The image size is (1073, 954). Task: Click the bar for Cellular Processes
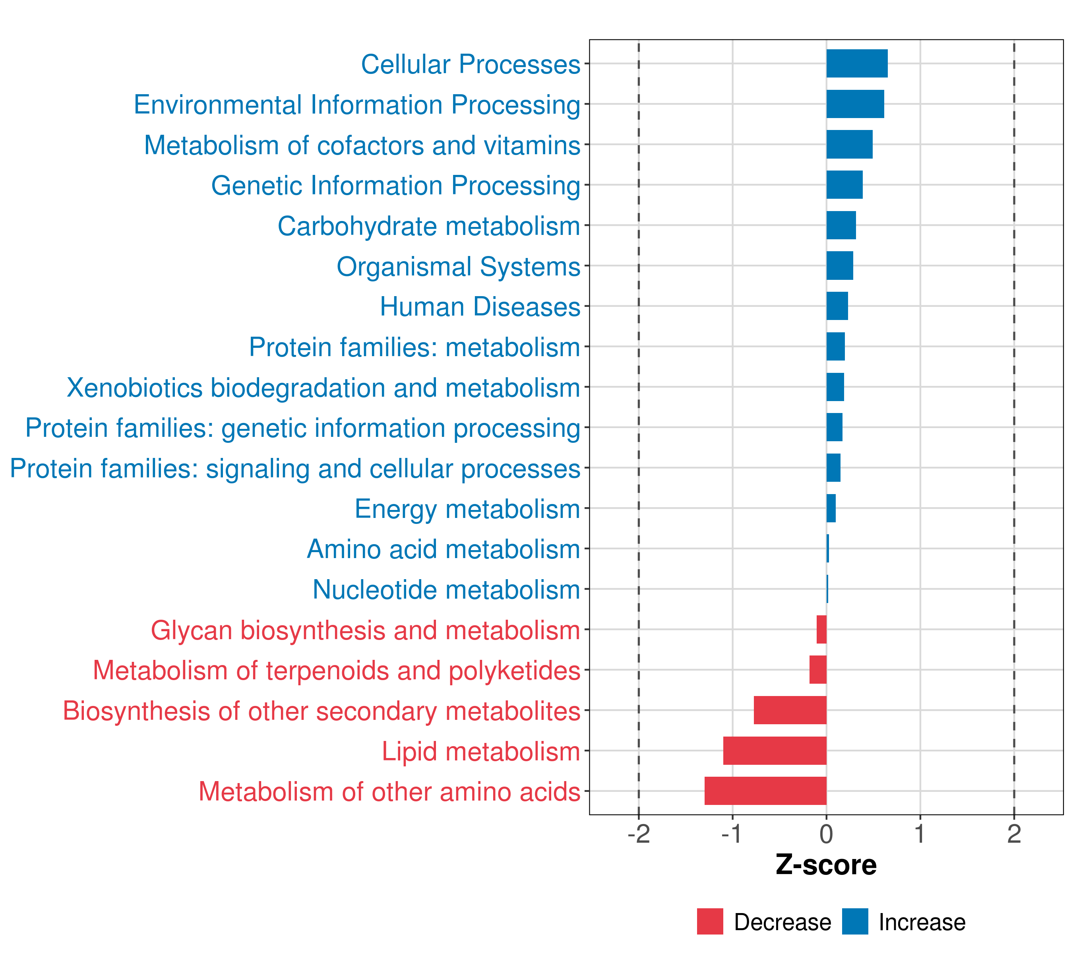(857, 64)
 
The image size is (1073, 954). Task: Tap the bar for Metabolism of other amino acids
(765, 791)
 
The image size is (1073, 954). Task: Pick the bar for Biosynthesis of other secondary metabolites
(790, 710)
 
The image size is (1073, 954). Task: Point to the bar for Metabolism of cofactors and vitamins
(849, 144)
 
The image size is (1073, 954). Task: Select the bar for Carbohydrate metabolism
(841, 225)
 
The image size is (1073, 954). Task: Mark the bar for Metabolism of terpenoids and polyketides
(817, 669)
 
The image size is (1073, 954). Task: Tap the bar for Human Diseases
(837, 306)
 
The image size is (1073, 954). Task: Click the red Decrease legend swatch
(710, 921)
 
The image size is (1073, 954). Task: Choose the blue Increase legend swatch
(854, 921)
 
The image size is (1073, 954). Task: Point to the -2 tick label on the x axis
(638, 834)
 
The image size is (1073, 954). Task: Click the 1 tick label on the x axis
(919, 834)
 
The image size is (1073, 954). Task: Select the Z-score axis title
(826, 865)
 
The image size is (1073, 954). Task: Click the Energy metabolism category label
(467, 509)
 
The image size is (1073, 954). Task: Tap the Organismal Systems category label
(458, 266)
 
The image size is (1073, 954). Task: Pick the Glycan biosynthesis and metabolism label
(365, 630)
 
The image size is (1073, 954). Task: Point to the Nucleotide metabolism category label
(446, 589)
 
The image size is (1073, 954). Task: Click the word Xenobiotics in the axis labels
(134, 388)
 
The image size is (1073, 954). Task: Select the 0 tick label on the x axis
(826, 834)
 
